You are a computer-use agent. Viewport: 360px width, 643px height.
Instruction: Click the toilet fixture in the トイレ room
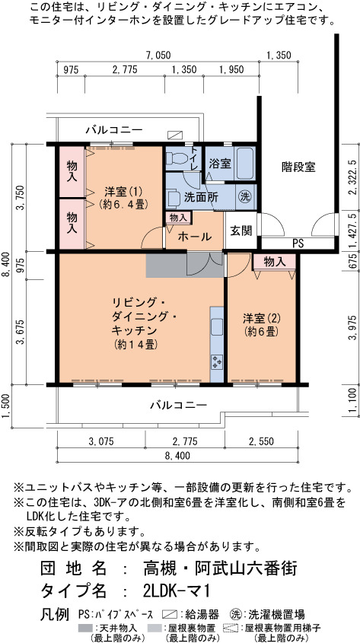point(175,158)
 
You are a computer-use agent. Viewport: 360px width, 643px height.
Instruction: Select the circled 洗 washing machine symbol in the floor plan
point(245,196)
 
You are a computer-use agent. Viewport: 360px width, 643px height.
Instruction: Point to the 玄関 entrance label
point(241,230)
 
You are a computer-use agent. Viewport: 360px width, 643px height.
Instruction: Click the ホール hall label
point(194,237)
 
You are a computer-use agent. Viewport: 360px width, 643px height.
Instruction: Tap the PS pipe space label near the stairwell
point(298,244)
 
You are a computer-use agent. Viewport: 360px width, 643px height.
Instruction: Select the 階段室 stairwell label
point(298,167)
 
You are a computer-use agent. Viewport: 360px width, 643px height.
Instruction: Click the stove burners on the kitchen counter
point(217,361)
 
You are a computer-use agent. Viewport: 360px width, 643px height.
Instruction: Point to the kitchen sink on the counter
point(217,328)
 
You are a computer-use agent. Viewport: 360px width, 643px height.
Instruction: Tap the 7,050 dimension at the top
point(158,56)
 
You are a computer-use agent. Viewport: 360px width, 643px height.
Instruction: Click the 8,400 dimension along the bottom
point(177,455)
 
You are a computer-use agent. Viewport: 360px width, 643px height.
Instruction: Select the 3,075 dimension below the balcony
point(101,441)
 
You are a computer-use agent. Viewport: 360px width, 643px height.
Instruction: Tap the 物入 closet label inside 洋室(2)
point(274,262)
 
